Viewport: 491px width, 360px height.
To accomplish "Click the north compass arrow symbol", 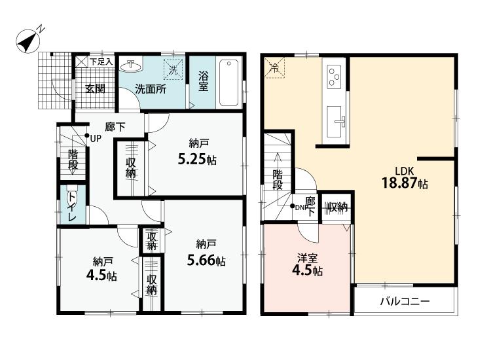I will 27,41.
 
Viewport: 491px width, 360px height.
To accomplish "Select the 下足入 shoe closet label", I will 101,62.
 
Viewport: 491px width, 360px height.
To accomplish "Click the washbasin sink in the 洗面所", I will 132,65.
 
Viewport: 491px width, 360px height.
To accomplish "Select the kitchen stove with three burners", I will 333,76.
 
